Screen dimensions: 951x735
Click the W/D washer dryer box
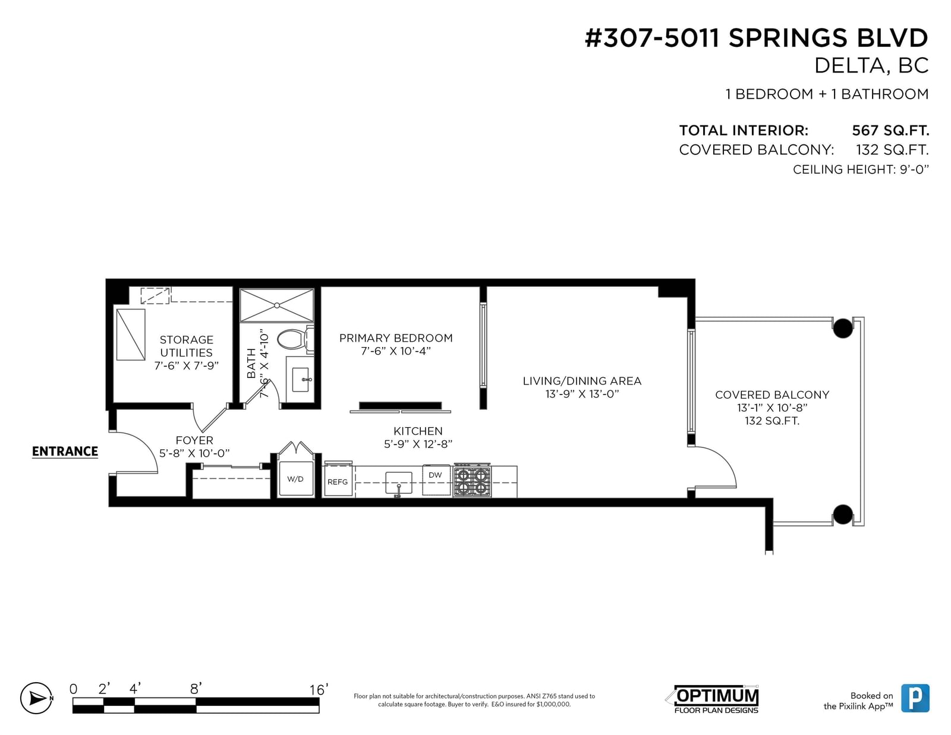point(296,479)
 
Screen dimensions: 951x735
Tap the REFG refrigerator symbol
point(338,480)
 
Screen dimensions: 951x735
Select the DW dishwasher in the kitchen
point(436,480)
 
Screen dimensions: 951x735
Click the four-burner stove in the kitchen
point(472,480)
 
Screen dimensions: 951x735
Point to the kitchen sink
point(398,483)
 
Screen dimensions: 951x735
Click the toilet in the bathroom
point(295,339)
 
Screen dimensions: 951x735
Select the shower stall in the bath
point(276,305)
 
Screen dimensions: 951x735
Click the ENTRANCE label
point(65,451)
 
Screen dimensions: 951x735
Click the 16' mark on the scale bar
point(319,690)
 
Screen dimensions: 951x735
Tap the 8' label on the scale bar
point(196,689)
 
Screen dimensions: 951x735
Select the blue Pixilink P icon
point(915,698)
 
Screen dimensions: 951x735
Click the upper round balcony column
point(842,328)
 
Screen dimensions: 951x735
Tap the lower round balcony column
point(842,515)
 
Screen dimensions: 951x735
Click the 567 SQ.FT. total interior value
point(890,130)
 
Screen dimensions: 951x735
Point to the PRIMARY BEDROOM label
point(396,338)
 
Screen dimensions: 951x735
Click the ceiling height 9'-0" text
point(861,169)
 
